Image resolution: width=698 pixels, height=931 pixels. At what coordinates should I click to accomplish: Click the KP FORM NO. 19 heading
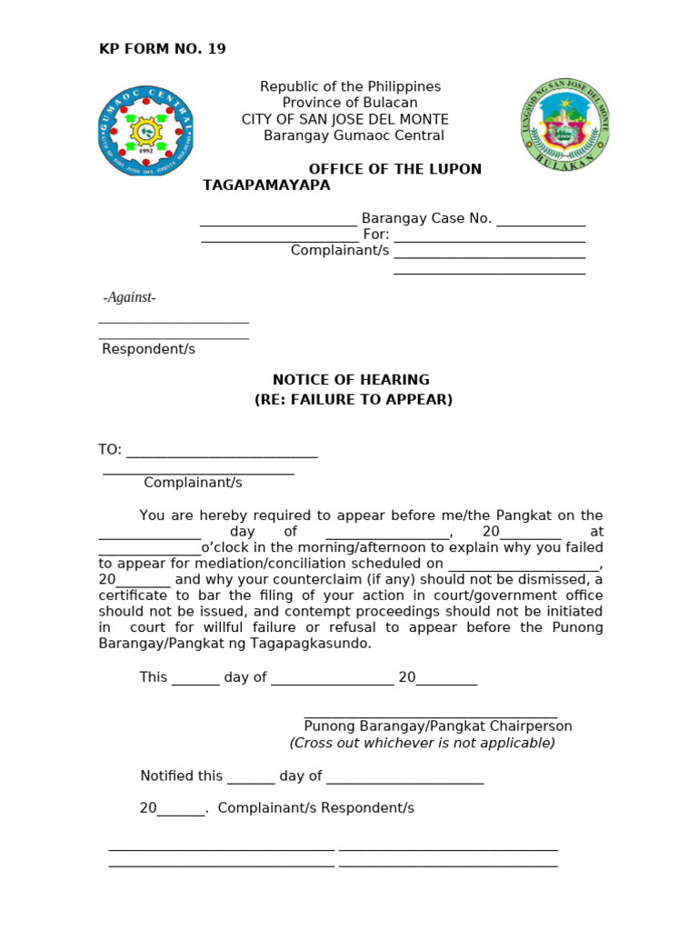(x=162, y=49)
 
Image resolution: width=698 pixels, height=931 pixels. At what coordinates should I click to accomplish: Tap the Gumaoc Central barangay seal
(x=145, y=132)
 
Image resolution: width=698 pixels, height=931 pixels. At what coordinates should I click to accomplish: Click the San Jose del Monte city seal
(x=564, y=123)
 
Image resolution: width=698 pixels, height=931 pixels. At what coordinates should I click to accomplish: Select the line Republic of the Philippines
(x=350, y=86)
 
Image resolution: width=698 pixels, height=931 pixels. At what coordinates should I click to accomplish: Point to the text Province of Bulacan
(x=350, y=103)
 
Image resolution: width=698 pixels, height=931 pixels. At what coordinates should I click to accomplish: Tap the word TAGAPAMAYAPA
(x=266, y=185)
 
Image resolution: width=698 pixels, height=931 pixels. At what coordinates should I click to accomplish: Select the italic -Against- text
(x=129, y=297)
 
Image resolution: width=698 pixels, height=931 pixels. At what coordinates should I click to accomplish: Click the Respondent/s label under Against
(x=148, y=349)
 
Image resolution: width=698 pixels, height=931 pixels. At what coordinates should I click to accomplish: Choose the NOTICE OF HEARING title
(x=351, y=380)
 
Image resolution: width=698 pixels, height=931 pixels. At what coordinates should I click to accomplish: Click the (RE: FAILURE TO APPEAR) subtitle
(x=353, y=400)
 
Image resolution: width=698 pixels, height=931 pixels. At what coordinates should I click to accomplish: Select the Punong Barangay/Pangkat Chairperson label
(x=437, y=726)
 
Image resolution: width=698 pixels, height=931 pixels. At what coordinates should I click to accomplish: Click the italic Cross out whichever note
(x=422, y=743)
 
